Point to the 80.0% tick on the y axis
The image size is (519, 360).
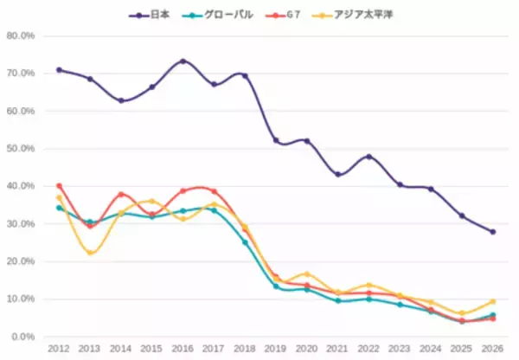click(21, 36)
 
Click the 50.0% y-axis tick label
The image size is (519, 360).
click(21, 149)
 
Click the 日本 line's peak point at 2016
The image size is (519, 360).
click(183, 61)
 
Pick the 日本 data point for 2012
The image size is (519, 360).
click(59, 70)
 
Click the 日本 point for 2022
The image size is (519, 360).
click(369, 157)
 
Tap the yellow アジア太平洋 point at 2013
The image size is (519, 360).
click(90, 253)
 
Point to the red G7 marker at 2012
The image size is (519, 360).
click(59, 186)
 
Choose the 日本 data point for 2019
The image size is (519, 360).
click(276, 140)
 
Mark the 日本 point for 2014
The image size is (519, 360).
click(121, 101)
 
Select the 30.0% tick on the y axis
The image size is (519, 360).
click(21, 224)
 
